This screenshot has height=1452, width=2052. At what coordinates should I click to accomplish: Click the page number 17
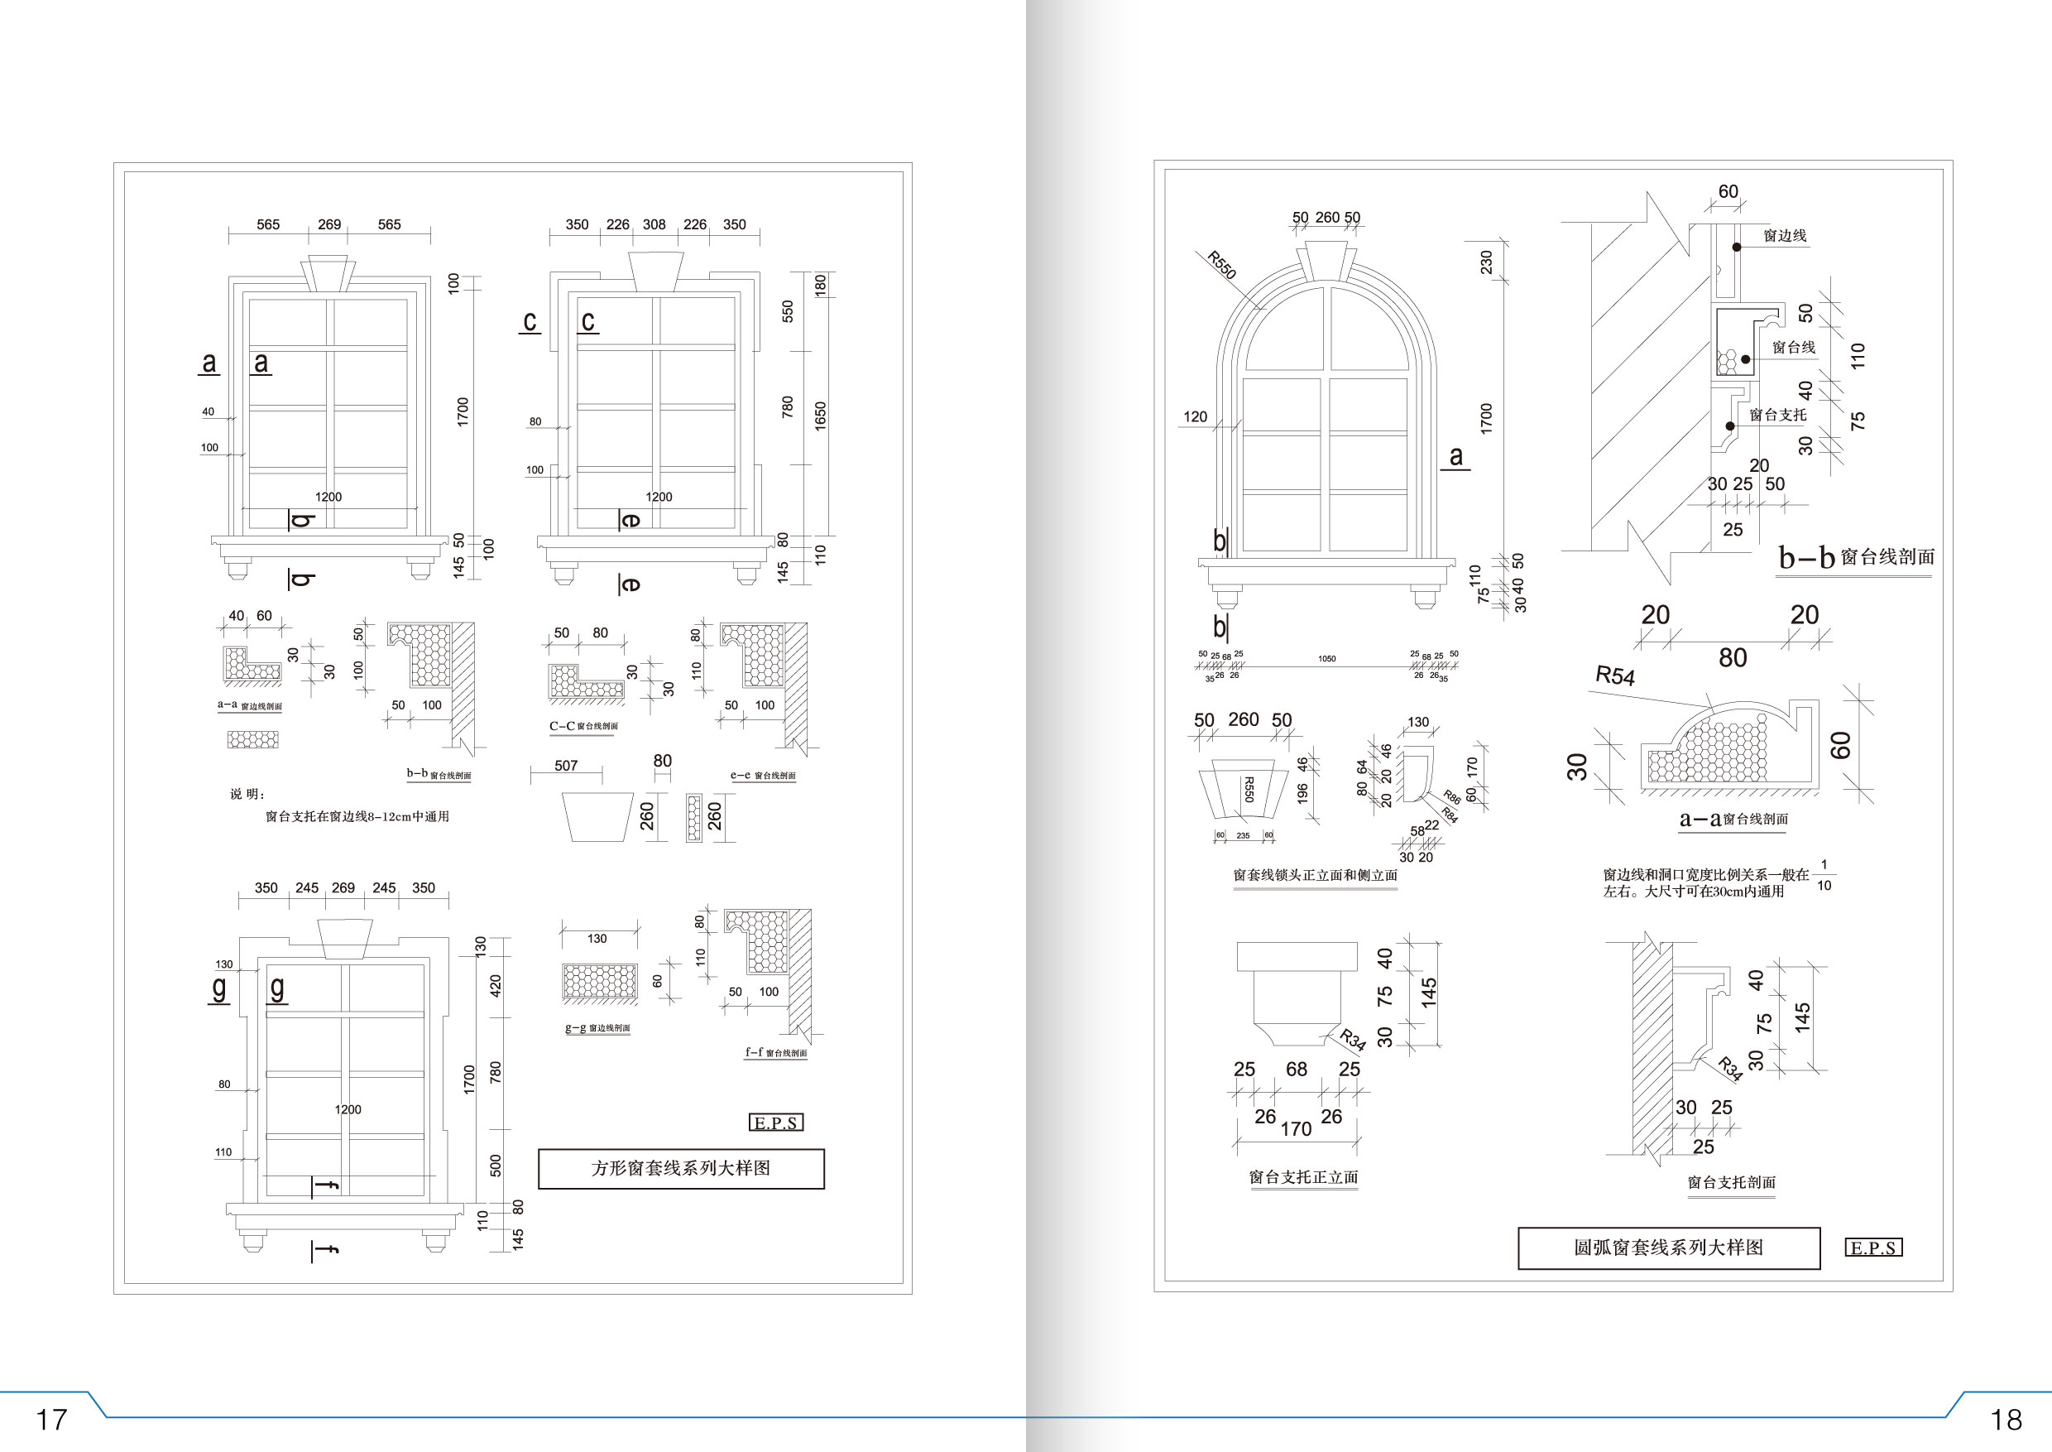tap(51, 1419)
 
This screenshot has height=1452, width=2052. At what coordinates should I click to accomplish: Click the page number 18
tap(2006, 1419)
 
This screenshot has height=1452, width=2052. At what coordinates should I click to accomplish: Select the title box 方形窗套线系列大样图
tap(681, 1169)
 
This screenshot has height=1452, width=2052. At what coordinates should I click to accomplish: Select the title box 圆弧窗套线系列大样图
tap(1669, 1248)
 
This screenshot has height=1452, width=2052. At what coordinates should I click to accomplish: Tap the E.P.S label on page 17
tap(776, 1123)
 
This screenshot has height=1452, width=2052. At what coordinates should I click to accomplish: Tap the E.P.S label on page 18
tap(1873, 1248)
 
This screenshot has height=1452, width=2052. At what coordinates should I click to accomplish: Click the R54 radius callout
tap(1615, 675)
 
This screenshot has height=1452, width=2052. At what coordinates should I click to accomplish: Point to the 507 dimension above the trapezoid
tap(566, 766)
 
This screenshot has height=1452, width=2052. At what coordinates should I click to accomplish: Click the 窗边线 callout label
tap(1785, 235)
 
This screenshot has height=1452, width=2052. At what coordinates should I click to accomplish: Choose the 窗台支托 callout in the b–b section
tap(1777, 415)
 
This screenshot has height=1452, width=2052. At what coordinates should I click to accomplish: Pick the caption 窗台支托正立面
tap(1303, 1177)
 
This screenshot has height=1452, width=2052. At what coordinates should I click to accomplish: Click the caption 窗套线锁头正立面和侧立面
tap(1315, 875)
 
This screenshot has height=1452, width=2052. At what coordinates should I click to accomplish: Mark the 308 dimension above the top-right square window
tap(654, 224)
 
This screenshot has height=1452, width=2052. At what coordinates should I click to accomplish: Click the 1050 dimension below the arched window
tap(1326, 659)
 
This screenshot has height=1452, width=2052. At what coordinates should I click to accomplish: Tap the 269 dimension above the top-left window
tap(328, 224)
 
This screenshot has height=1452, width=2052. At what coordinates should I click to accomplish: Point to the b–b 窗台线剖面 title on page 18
tap(1855, 557)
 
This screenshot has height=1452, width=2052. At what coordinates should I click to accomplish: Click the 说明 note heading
tap(247, 794)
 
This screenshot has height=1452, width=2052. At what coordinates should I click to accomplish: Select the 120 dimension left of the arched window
tap(1195, 416)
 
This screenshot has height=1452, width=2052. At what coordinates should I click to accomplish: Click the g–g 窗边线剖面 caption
tap(597, 1028)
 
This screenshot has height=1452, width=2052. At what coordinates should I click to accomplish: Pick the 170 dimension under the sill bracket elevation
tap(1295, 1129)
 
